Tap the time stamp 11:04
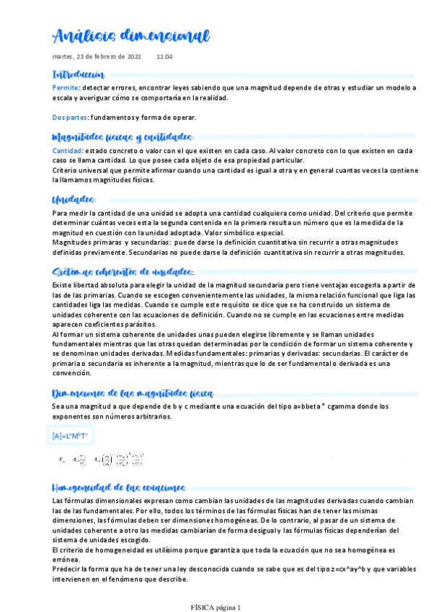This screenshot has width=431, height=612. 164,56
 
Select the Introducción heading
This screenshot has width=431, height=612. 79,75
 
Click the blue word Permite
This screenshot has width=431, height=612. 66,87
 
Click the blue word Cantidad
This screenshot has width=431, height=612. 68,151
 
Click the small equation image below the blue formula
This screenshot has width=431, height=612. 101,459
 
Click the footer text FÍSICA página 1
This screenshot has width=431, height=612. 215,607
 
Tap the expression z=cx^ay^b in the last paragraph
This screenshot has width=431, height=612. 313,570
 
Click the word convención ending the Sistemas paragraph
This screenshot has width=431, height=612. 71,374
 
